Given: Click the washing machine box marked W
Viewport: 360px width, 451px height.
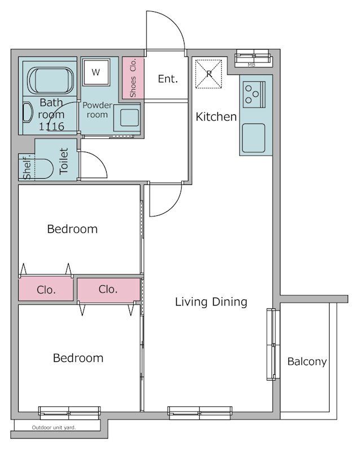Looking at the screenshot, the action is click(96, 72).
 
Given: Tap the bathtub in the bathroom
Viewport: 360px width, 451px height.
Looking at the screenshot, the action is click(50, 81).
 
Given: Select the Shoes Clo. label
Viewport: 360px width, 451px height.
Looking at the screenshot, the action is click(133, 78).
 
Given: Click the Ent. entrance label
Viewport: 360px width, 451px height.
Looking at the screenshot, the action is click(168, 79).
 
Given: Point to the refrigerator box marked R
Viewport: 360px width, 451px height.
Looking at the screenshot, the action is click(209, 74).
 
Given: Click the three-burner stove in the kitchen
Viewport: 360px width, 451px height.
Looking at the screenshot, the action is click(254, 94).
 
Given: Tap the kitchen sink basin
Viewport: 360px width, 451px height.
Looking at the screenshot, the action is click(253, 138).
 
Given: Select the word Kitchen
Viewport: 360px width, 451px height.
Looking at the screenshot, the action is click(216, 117).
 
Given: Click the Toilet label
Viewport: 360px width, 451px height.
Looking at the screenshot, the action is click(64, 161).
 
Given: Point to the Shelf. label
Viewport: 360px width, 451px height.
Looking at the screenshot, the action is click(27, 167).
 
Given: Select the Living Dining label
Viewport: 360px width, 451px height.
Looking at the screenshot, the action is click(211, 302).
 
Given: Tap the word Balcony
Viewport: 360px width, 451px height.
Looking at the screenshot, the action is click(307, 361).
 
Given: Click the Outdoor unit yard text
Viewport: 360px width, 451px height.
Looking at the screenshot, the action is click(54, 427).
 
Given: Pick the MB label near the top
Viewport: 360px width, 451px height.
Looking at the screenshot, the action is click(252, 65).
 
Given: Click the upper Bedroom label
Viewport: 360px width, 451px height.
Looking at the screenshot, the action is click(72, 229).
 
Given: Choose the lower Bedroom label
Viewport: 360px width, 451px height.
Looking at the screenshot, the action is click(78, 358).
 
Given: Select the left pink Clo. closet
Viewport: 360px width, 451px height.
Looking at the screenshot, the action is click(46, 289).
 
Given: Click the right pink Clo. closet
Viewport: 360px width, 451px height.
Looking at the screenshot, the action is click(108, 289).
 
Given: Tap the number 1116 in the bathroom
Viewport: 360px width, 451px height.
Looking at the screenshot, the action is click(51, 126).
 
